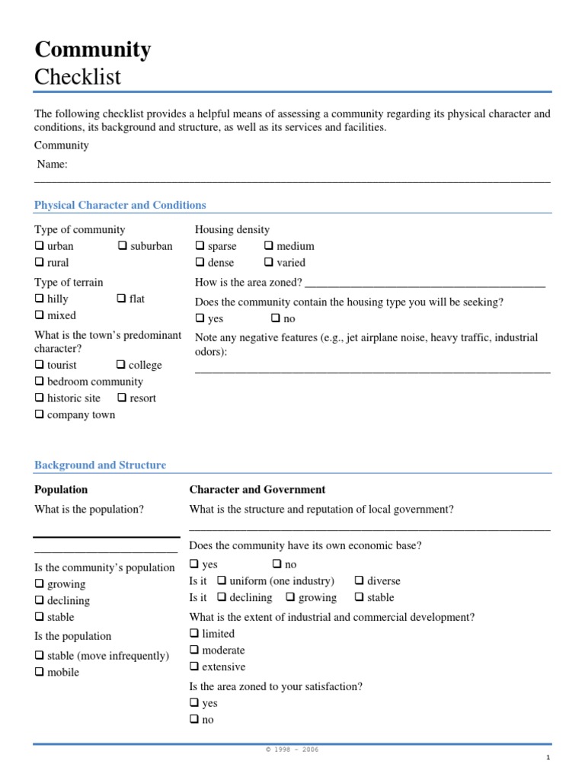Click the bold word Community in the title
(92, 50)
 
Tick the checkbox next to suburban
(122, 246)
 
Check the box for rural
(39, 263)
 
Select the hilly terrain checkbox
(39, 299)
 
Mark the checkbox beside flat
(121, 299)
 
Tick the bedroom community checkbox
(39, 382)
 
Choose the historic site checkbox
(39, 398)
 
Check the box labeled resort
(122, 398)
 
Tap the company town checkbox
(39, 415)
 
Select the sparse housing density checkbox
(200, 246)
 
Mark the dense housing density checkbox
(200, 263)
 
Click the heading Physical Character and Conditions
(120, 205)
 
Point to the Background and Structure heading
(100, 465)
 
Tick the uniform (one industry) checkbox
(222, 581)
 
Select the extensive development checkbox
(194, 667)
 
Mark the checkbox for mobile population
(39, 673)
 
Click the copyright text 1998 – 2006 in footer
(292, 750)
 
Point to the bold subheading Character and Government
(257, 490)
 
